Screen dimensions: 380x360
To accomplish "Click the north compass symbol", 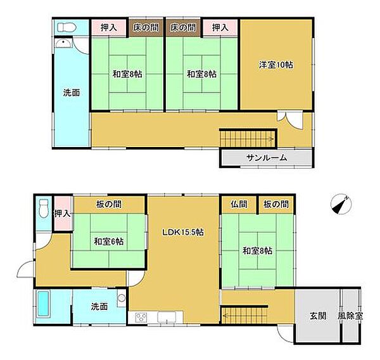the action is (x=341, y=204).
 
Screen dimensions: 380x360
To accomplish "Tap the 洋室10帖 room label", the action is (x=275, y=65).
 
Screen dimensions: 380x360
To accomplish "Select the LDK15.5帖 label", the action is (x=183, y=233).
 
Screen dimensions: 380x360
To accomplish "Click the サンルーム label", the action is (x=267, y=158).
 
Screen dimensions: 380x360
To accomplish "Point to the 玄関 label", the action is (x=318, y=316).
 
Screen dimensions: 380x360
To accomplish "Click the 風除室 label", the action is (x=350, y=316).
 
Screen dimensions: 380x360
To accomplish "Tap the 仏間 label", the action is (x=239, y=204).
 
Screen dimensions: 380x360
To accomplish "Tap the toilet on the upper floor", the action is (x=66, y=27).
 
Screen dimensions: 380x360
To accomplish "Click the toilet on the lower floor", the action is (x=44, y=209).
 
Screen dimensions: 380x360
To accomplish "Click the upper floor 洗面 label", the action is (x=72, y=93).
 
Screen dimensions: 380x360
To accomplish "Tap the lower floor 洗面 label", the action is (x=99, y=307).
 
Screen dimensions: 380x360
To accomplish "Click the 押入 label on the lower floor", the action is (x=63, y=214).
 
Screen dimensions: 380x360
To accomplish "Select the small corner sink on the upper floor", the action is (x=63, y=44).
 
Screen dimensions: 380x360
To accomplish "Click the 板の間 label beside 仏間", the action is (x=276, y=204).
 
